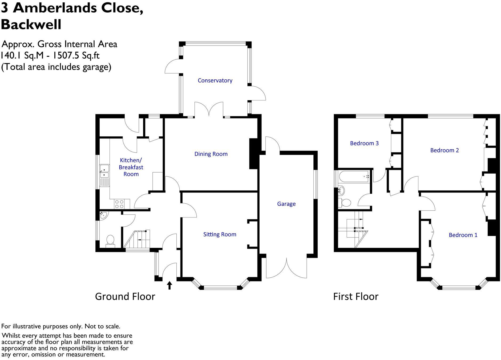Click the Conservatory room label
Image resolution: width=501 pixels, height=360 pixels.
[x=215, y=80]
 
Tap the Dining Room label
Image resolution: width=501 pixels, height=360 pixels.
[x=211, y=154]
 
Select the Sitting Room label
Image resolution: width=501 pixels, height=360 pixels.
[x=220, y=234]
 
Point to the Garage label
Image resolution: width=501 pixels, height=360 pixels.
[x=286, y=204]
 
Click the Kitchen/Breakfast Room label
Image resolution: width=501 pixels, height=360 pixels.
[x=131, y=167]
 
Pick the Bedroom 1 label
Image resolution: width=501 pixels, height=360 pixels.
[x=463, y=235]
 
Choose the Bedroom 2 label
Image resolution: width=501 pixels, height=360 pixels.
[x=445, y=150]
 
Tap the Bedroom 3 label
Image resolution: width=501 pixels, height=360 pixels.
[x=364, y=143]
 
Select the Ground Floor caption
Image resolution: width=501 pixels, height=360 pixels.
[x=125, y=297]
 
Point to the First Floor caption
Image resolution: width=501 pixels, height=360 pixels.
[x=355, y=297]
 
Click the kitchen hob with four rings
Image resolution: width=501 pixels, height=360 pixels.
[x=119, y=204]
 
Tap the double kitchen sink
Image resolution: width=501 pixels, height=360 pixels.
[x=104, y=172]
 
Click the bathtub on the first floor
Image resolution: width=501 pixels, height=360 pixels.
[x=354, y=176]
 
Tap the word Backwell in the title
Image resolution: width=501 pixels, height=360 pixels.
[x=31, y=24]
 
